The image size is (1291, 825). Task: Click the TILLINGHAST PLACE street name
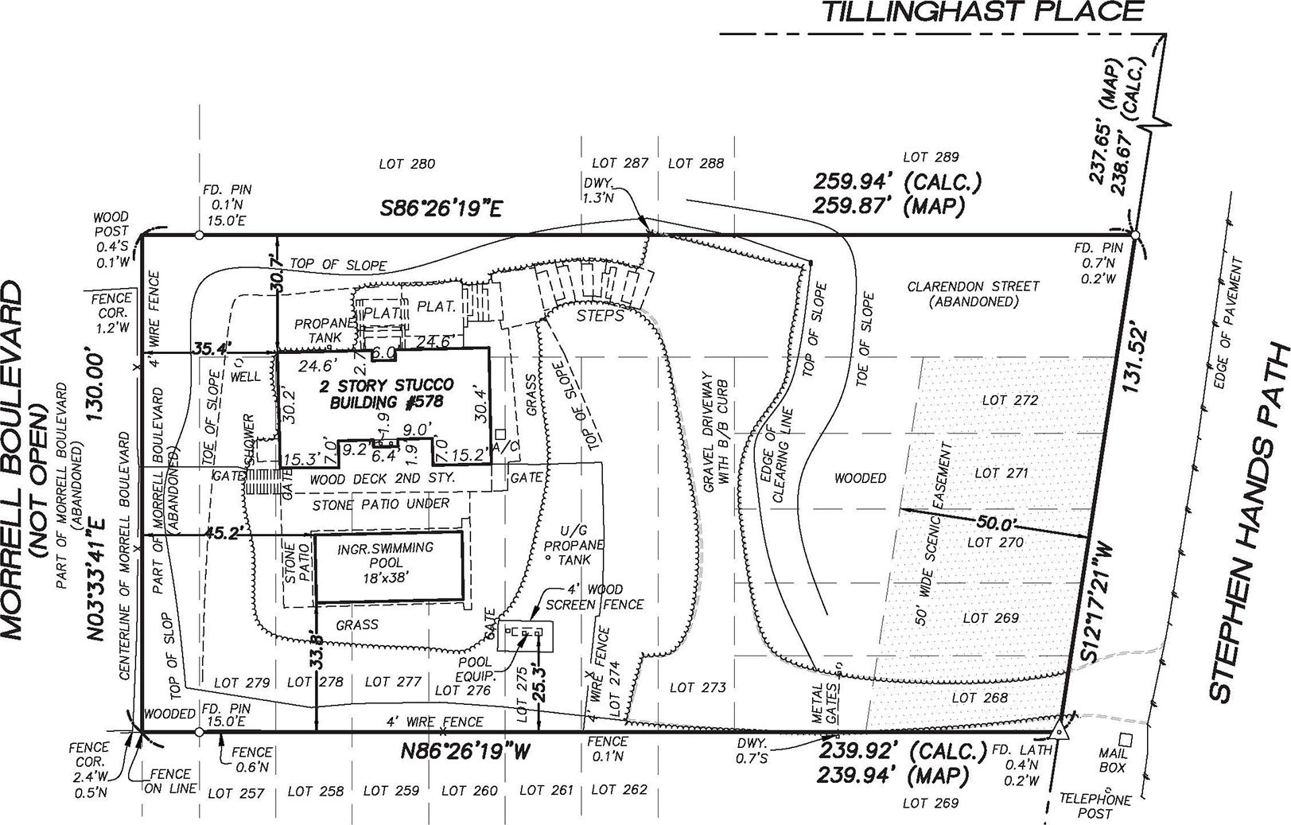click(982, 13)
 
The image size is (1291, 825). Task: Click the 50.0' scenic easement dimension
click(993, 525)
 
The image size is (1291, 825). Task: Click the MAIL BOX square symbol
click(1124, 738)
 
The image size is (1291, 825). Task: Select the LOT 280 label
click(406, 165)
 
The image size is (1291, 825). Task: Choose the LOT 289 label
click(931, 158)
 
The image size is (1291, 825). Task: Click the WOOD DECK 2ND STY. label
click(382, 479)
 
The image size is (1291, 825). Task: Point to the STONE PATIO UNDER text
click(380, 504)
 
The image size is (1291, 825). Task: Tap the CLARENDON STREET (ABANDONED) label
click(973, 294)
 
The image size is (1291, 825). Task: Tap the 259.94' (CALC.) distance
click(897, 181)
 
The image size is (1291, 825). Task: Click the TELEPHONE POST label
click(1095, 806)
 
